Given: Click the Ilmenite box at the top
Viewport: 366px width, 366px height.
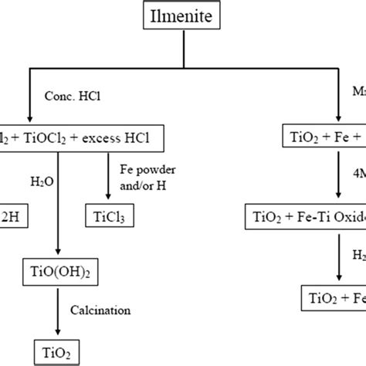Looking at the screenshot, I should (183, 15).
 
